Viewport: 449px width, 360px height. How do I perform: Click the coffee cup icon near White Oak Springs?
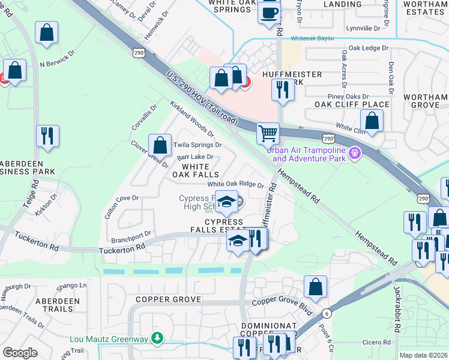coord(269,11)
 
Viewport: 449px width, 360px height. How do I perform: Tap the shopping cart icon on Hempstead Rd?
coord(268,133)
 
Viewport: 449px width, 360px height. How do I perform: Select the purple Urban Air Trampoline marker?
coord(355,154)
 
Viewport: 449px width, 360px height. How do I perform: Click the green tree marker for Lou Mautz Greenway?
coord(157,339)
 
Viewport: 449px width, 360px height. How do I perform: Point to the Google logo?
coord(20,353)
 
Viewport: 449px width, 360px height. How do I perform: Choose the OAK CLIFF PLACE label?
coord(352,104)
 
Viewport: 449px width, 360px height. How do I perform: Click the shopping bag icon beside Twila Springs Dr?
coord(160,144)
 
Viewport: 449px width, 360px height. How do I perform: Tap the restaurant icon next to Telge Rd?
coord(47,135)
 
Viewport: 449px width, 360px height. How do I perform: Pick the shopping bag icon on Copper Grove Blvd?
coord(315,287)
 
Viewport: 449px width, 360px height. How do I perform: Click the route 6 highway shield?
coord(326,313)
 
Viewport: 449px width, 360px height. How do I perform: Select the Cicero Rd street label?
coord(376,342)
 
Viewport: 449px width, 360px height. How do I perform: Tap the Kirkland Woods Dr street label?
coord(192,118)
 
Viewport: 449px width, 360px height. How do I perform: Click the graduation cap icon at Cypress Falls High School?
coord(226,202)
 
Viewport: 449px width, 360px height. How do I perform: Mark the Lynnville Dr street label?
coord(363,28)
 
